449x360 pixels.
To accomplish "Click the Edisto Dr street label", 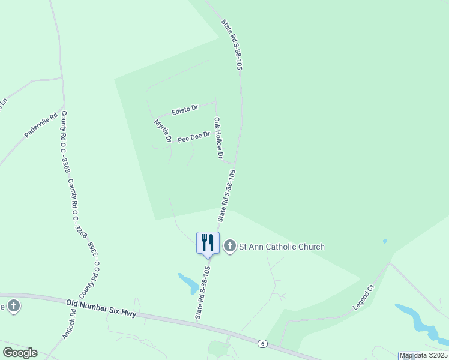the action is click(x=184, y=110).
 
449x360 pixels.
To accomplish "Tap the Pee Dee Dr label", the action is click(x=193, y=137).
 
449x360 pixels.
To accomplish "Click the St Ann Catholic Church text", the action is click(x=282, y=247).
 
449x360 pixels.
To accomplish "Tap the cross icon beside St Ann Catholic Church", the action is click(x=229, y=246).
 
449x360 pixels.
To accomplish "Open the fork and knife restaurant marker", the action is click(x=208, y=242).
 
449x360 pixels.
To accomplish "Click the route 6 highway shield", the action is click(x=262, y=343).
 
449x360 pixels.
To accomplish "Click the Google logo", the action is click(x=20, y=353).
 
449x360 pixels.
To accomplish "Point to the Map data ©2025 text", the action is click(x=423, y=356).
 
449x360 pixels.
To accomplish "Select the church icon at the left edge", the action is click(x=13, y=306).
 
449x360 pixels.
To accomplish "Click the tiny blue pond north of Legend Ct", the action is click(x=384, y=242).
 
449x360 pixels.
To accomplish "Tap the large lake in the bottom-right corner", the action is click(x=420, y=321).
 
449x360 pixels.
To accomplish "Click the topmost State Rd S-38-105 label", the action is click(x=231, y=46).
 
